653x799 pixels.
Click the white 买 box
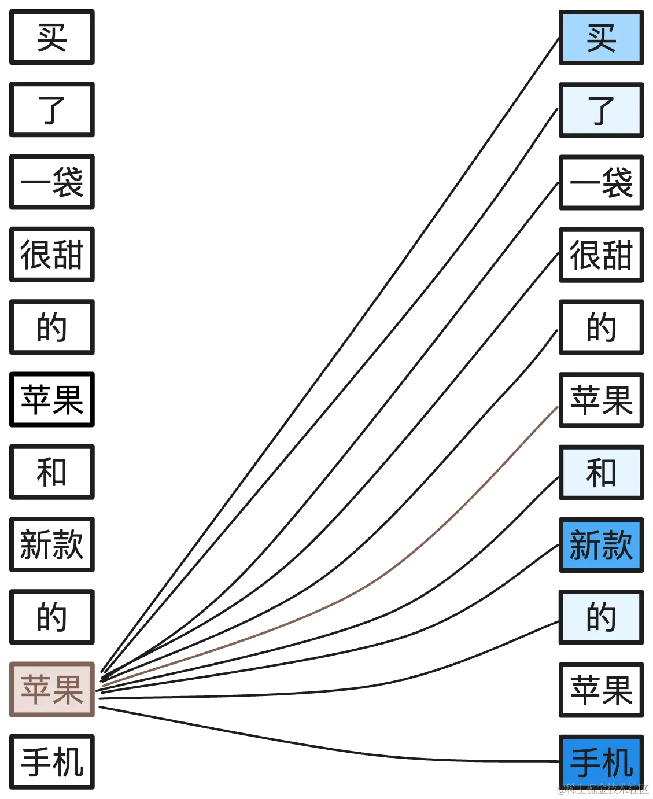[x=52, y=38]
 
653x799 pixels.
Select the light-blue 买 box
[x=602, y=38]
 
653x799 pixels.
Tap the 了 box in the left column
[x=52, y=110]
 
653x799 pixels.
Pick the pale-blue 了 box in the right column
[x=602, y=110]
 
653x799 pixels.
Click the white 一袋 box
[x=52, y=182]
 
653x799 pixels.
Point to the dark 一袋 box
[x=602, y=183]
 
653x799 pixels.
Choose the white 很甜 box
[x=52, y=255]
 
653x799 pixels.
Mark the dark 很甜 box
[x=602, y=256]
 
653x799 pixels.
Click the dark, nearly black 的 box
[x=602, y=327]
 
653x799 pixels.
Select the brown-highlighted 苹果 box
[x=52, y=688]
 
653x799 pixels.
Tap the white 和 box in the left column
[x=52, y=472]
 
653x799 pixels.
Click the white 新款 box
[x=52, y=544]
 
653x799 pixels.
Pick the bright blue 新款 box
[x=602, y=544]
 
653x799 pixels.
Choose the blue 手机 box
[x=602, y=761]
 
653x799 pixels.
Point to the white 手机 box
[x=52, y=761]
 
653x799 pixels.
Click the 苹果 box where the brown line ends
[x=602, y=400]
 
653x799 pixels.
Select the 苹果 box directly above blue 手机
[x=602, y=689]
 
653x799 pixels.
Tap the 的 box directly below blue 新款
[x=602, y=617]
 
